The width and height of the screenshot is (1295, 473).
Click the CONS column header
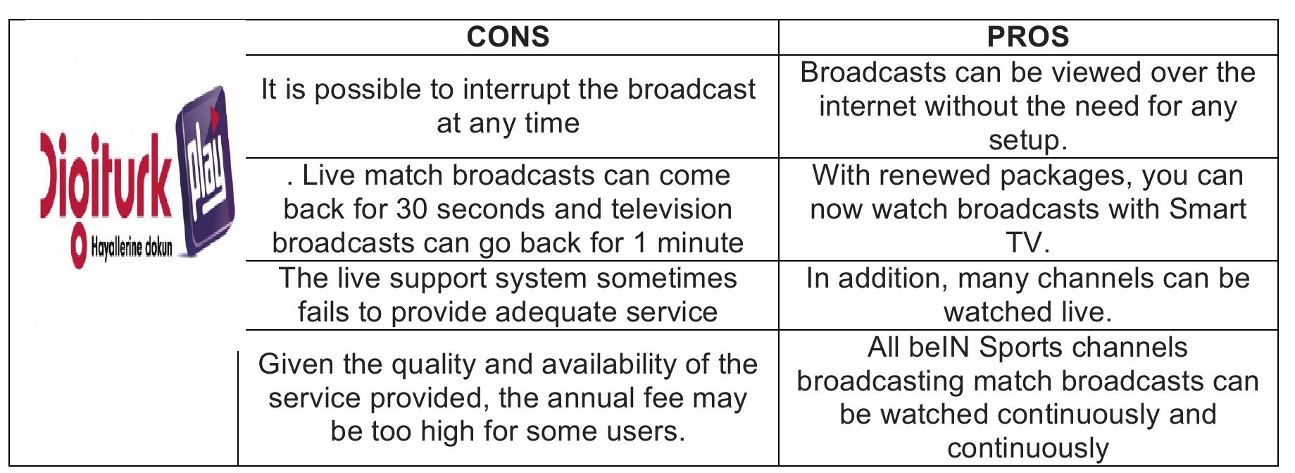coord(508,37)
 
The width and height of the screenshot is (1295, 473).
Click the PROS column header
coord(1028,37)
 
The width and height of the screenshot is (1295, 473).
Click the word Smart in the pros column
coord(1208,209)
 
